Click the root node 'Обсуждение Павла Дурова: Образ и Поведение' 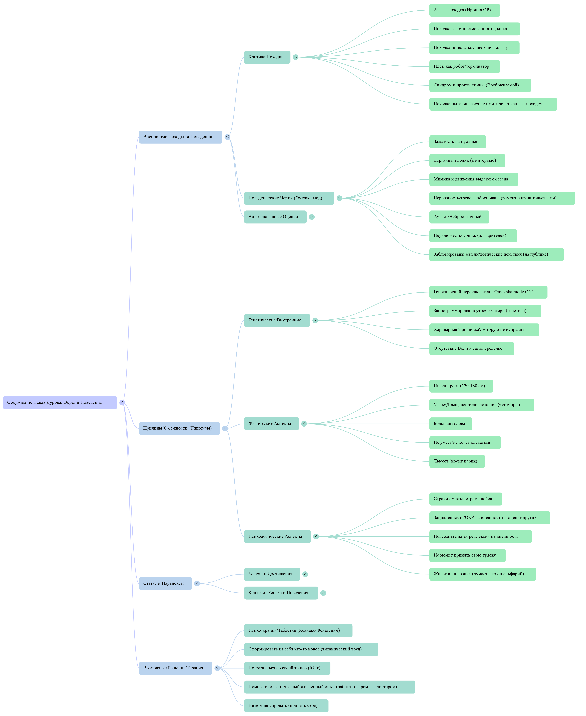(x=60, y=402)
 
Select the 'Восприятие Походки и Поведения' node (x=180, y=137)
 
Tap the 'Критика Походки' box (x=267, y=57)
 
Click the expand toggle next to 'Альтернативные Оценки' (x=312, y=217)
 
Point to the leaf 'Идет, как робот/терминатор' (x=464, y=67)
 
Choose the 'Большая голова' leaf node (x=450, y=424)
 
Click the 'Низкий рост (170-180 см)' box (x=461, y=386)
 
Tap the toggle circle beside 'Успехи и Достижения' (x=305, y=574)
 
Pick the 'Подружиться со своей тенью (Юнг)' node (x=287, y=668)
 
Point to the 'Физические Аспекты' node (x=271, y=424)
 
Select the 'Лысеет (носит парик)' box (x=457, y=461)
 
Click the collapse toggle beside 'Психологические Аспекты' (x=316, y=537)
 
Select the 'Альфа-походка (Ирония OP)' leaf (x=464, y=10)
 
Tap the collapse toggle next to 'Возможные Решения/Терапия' (x=217, y=668)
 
